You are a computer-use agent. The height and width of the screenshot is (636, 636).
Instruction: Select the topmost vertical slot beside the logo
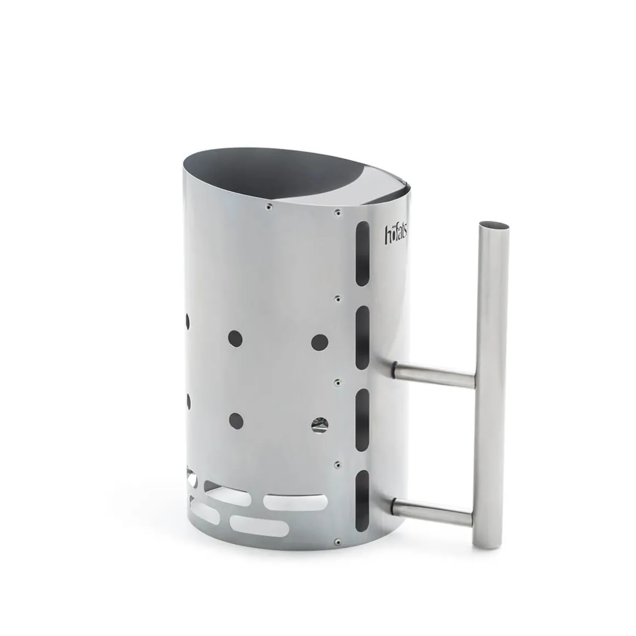362,254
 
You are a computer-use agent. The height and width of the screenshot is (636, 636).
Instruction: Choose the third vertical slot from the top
362,420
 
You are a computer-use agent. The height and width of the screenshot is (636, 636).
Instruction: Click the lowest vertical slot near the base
362,501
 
